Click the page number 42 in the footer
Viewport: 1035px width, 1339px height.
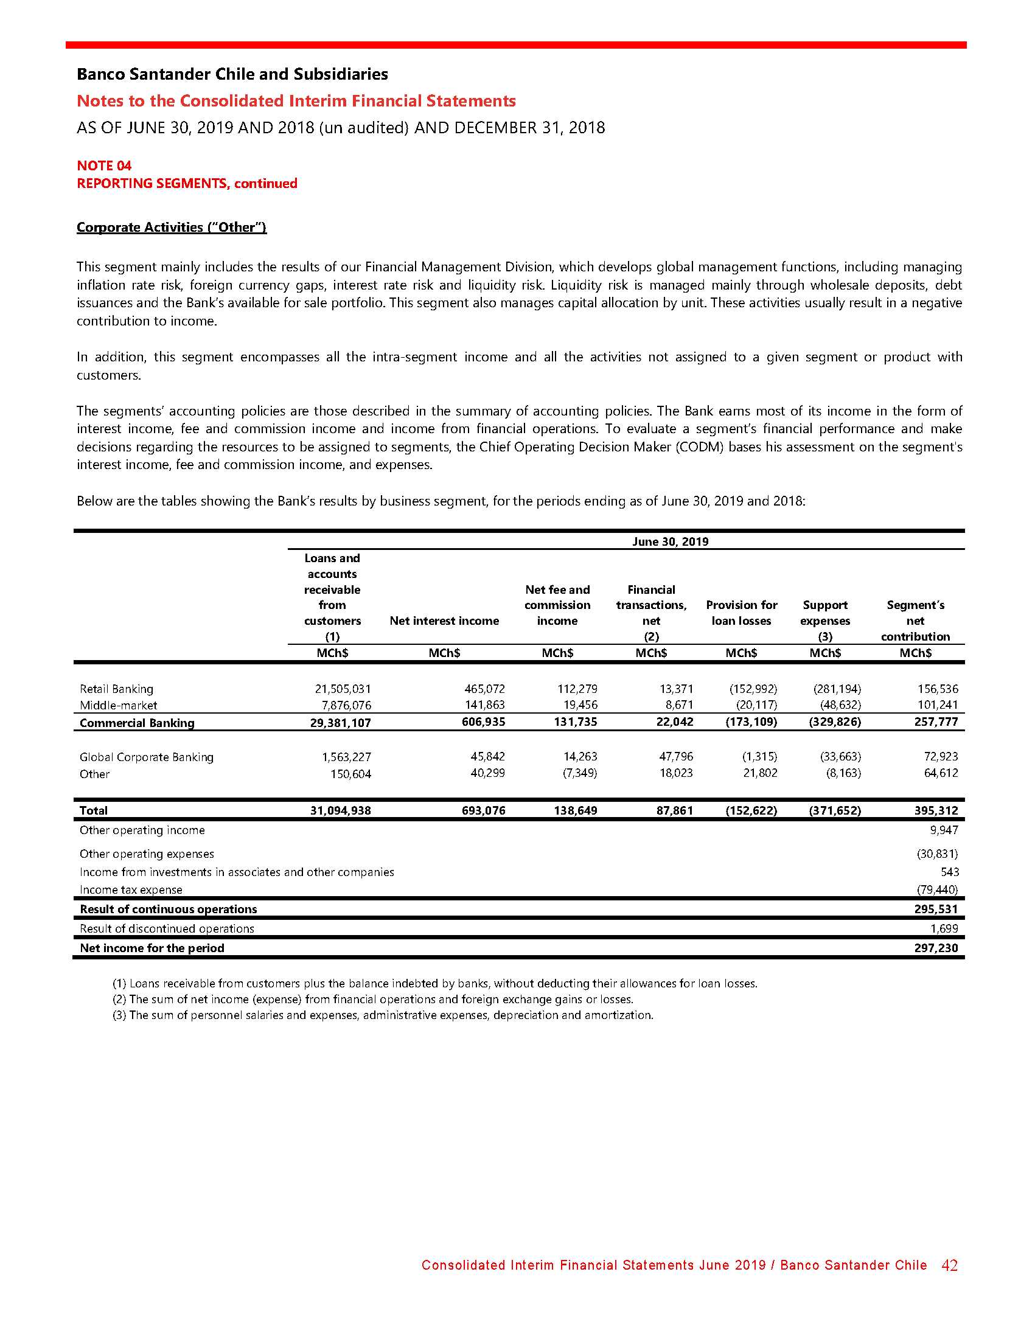click(x=949, y=1265)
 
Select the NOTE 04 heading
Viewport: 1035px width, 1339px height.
click(x=104, y=165)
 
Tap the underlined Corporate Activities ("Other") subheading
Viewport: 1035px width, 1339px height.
click(x=171, y=227)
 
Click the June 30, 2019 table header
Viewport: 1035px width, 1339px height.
click(x=669, y=541)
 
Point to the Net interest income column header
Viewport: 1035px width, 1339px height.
click(x=444, y=621)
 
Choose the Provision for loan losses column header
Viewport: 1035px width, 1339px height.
click(x=741, y=613)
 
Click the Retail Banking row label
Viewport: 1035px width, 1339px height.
click(x=116, y=689)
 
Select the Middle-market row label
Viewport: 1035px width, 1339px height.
click(x=118, y=705)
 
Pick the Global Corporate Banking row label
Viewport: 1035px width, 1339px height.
click(x=147, y=757)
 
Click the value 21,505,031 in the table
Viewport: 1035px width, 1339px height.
click(x=343, y=689)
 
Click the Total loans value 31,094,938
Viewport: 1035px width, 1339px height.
click(x=340, y=810)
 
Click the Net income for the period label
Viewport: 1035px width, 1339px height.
click(x=152, y=948)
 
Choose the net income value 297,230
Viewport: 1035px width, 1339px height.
click(x=936, y=948)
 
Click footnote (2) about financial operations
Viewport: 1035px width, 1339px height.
click(x=372, y=999)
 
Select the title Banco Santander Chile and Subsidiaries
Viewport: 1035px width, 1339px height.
click(x=232, y=74)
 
